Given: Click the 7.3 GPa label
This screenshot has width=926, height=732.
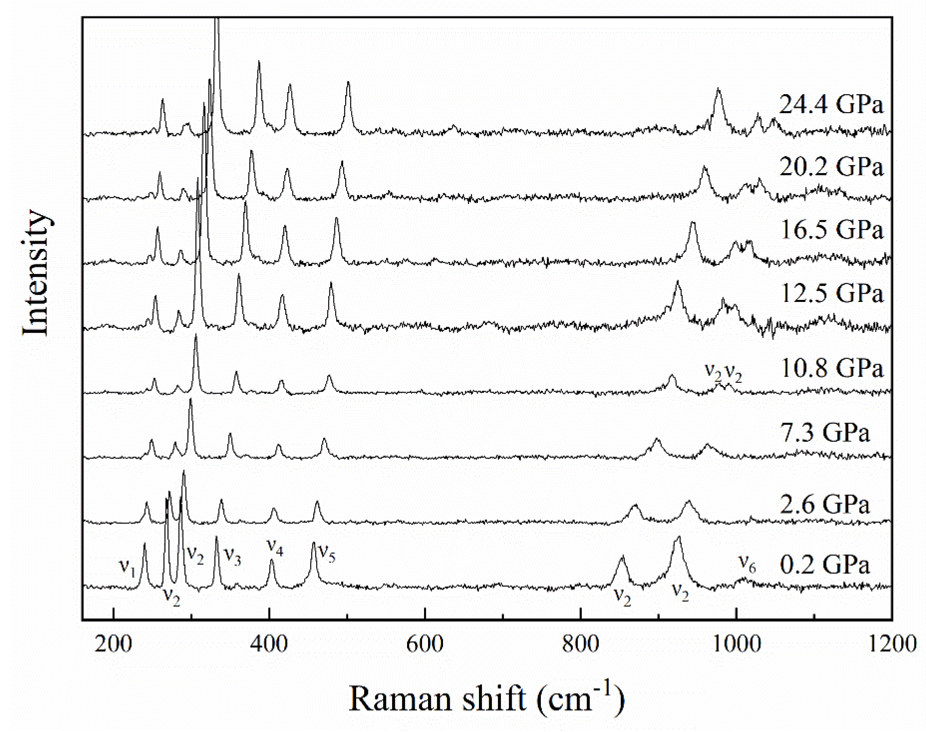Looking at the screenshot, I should pos(824,433).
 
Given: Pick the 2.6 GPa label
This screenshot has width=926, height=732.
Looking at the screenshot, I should pos(824,504).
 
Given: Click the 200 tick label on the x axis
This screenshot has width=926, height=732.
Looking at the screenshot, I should pos(114,644).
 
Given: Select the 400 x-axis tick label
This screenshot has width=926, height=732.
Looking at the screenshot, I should pos(269,644).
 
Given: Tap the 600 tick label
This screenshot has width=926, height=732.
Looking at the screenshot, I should pos(425,644).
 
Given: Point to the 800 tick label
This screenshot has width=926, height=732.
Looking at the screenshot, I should pos(580,644).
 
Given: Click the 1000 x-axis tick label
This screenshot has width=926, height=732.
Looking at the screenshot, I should pos(736,644).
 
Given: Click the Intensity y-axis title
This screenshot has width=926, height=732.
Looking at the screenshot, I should pos(36,273).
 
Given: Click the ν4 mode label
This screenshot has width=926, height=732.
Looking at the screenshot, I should pos(275,546).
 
